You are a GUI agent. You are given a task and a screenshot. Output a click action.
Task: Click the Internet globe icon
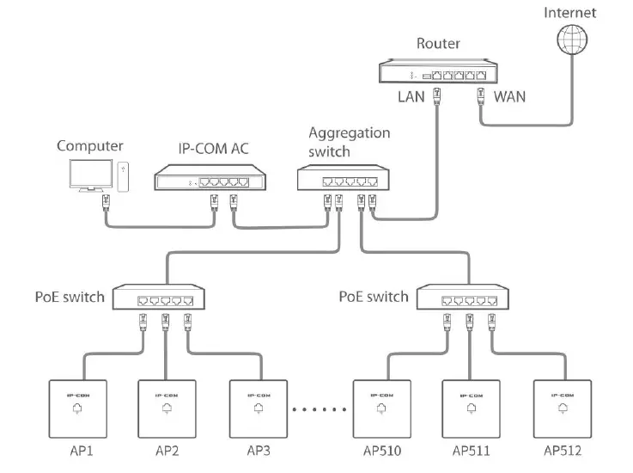569,40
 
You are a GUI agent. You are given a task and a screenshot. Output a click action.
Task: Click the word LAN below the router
411,96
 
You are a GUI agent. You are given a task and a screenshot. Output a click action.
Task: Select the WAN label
509,96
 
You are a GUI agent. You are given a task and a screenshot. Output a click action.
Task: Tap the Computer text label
90,145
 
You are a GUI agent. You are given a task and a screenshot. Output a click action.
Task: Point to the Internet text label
569,12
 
